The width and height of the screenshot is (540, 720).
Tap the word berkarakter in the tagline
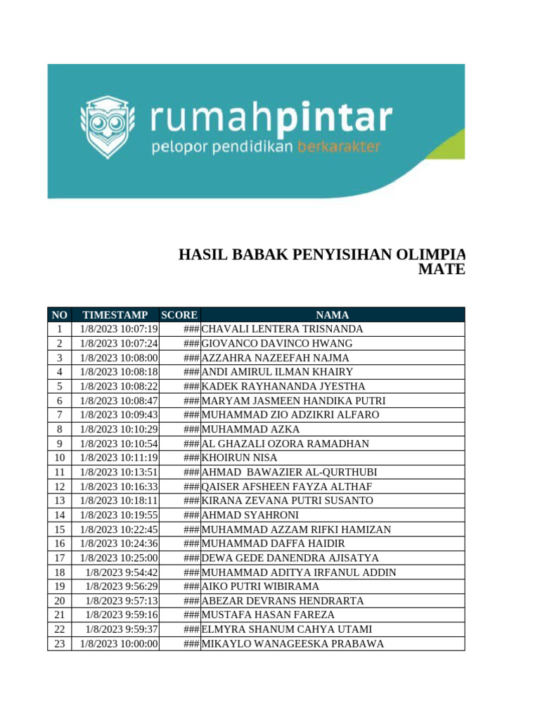point(340,147)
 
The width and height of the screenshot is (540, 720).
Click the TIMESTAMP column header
point(115,315)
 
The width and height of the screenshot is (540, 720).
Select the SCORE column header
point(179,315)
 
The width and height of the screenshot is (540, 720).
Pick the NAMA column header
point(332,315)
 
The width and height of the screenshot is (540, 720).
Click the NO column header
point(59,315)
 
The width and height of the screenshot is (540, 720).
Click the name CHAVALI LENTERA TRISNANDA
point(282,329)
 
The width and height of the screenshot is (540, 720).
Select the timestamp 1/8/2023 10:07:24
point(119,343)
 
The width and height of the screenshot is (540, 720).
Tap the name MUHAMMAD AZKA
point(250,429)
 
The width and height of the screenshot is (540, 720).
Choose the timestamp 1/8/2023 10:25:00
point(119,558)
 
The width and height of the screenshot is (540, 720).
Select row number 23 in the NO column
point(59,644)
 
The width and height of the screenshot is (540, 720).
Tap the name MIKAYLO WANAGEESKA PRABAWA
point(292,644)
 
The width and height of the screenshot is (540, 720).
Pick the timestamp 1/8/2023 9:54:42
point(122,572)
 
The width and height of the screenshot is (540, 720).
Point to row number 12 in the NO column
point(59,487)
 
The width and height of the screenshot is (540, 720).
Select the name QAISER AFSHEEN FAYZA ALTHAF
point(286,487)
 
